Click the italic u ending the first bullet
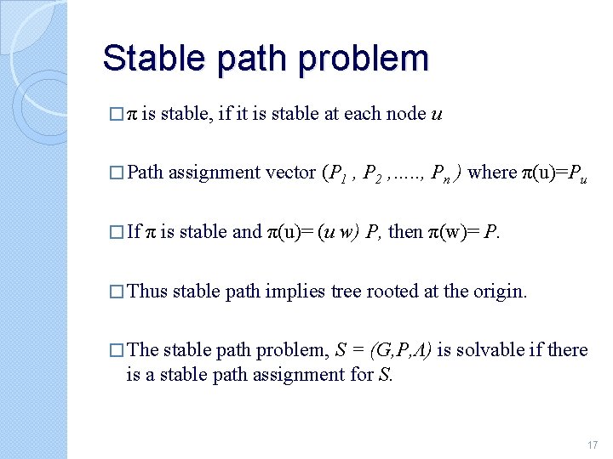click(x=437, y=114)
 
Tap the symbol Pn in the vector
click(x=442, y=173)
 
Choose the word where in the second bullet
click(x=492, y=173)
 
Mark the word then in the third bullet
click(x=404, y=232)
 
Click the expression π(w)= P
click(x=463, y=232)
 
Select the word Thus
click(x=147, y=292)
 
